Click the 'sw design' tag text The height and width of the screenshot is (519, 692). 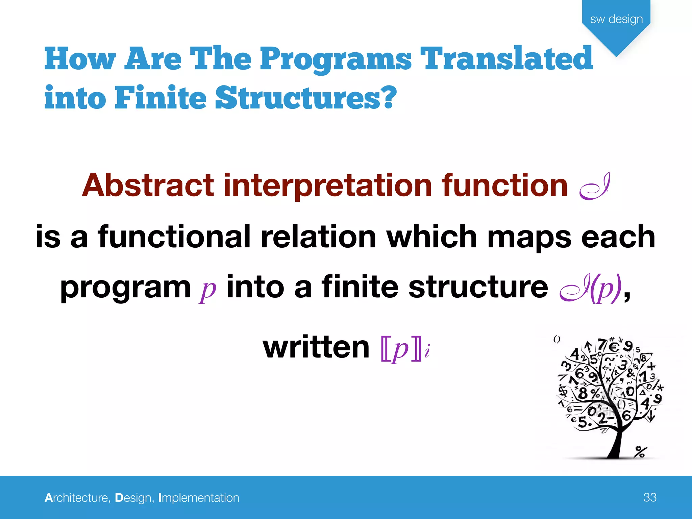tap(616, 19)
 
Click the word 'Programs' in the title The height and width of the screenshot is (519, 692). tap(336, 59)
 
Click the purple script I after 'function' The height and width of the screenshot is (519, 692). tap(595, 187)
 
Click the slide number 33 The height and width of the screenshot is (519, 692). tap(649, 497)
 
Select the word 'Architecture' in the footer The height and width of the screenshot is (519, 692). tap(76, 498)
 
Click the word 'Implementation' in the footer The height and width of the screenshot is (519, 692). tap(199, 498)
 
